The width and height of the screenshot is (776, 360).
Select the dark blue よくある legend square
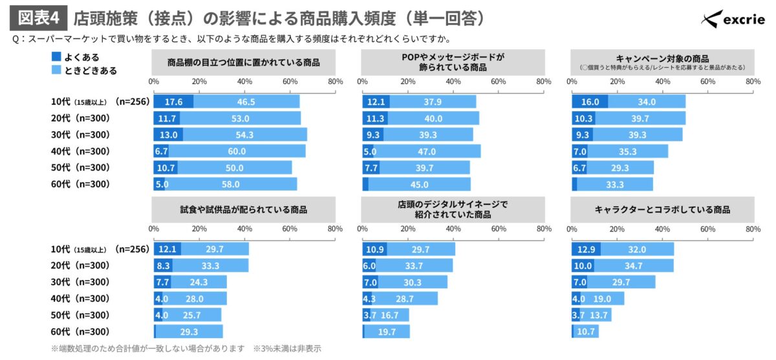pos(56,57)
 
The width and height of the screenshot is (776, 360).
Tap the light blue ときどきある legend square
pos(56,70)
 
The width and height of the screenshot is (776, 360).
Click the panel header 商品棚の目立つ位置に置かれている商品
pos(243,63)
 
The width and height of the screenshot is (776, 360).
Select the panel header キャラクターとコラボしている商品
pos(662,209)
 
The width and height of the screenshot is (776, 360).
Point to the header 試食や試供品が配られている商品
pos(243,209)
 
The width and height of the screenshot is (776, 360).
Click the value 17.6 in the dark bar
pos(173,101)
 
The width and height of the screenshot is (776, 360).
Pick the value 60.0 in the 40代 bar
pos(237,151)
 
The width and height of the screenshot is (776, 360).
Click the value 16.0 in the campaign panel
pos(590,101)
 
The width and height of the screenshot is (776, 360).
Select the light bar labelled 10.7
pos(586,332)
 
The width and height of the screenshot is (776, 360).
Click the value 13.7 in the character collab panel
pos(598,315)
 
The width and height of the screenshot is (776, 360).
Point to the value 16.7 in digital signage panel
pos(390,315)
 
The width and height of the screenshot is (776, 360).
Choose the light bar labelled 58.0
pos(231,184)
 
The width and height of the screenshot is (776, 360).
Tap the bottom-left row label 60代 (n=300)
pos(80,332)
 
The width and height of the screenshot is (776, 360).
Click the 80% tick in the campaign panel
pos(753,82)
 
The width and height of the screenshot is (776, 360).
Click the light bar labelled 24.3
pos(199,282)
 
